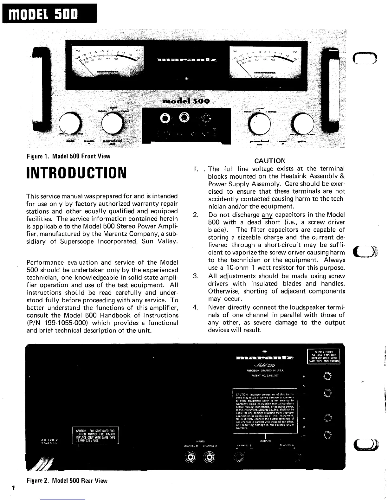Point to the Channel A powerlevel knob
[113, 123]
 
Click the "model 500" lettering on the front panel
[186, 101]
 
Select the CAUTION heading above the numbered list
[270, 161]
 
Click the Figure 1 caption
[68, 156]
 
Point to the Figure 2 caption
[67, 481]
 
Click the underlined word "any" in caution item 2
[267, 215]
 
